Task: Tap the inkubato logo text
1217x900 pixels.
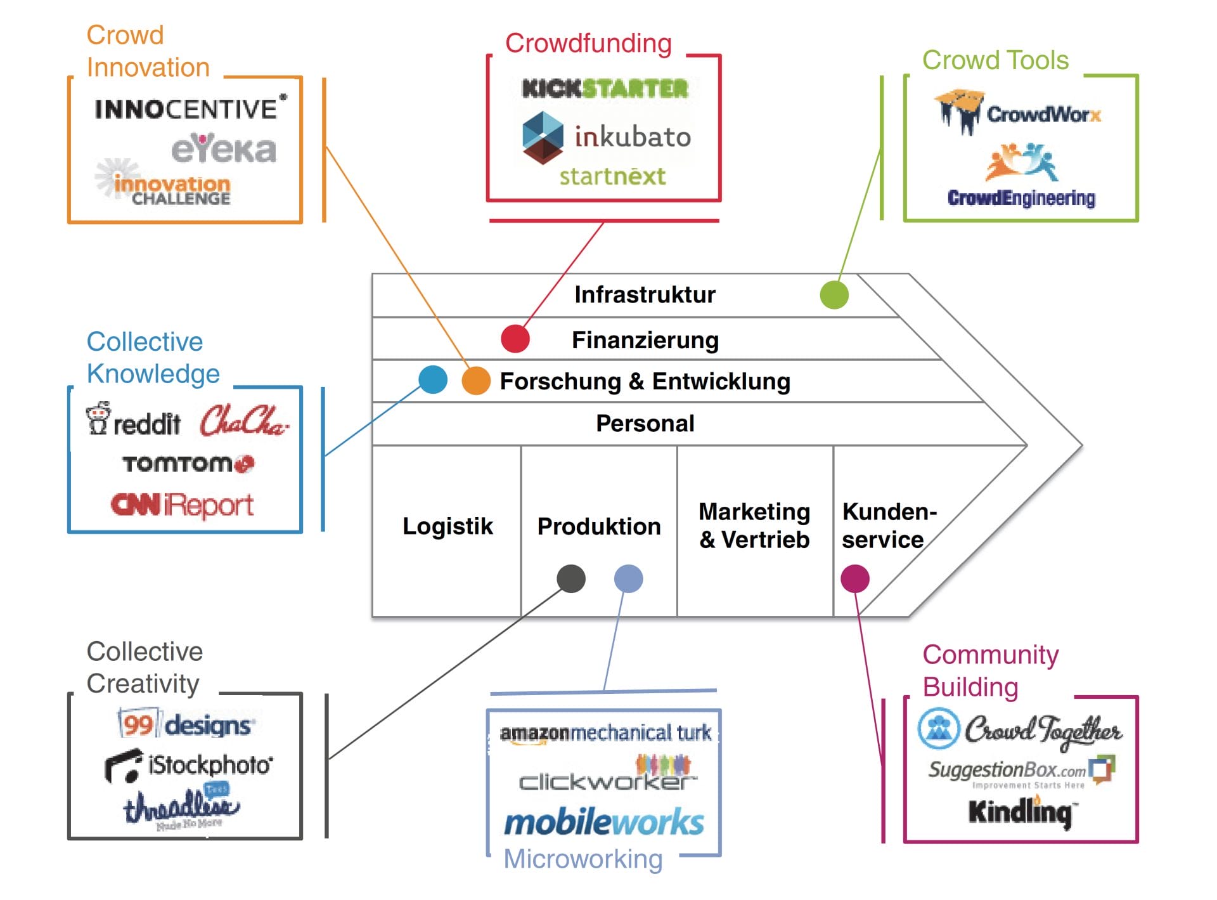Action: coord(632,137)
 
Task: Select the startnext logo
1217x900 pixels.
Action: coord(612,176)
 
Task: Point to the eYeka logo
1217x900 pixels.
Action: coord(224,149)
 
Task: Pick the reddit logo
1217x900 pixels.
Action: coord(134,421)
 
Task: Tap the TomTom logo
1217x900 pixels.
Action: coord(188,464)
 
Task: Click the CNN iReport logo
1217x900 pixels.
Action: coord(182,505)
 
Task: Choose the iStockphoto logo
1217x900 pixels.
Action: coord(188,766)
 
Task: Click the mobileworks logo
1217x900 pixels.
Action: coord(603,823)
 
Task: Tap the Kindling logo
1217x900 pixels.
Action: coord(1020,812)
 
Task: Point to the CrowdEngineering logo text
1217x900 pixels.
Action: coord(1021,198)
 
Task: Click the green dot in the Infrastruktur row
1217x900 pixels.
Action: coord(834,295)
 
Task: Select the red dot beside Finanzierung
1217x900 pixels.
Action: coord(515,339)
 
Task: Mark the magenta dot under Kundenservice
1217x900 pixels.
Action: coord(854,578)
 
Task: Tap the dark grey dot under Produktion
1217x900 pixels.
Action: coord(570,578)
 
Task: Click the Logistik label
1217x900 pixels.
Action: coord(448,526)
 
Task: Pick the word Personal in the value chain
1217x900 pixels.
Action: coord(645,424)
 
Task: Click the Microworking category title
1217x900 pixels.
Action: coord(583,859)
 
